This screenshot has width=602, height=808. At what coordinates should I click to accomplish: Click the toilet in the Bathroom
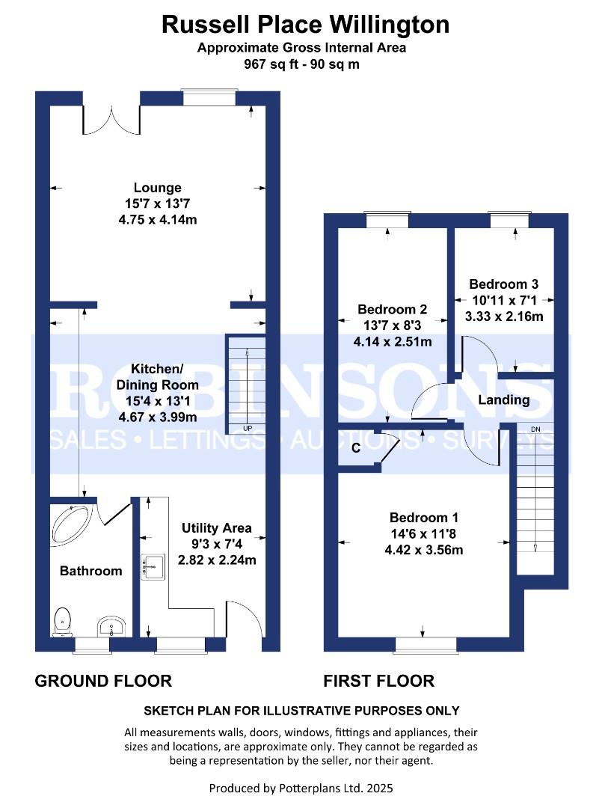(63, 620)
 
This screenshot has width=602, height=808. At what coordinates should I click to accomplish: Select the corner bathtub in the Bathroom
(70, 524)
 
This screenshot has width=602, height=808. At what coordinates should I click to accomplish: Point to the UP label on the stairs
(248, 429)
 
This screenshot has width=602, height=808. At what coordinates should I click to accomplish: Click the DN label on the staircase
(535, 429)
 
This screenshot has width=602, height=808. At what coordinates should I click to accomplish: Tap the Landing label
(503, 400)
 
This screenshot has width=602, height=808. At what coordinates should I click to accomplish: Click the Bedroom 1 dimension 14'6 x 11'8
(424, 534)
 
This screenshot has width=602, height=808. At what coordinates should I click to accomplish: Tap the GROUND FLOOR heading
(104, 681)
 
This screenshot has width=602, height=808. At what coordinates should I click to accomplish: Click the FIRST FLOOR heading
(378, 681)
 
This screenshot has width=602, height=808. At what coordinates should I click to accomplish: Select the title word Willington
(390, 25)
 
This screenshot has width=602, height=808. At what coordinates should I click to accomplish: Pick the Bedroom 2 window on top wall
(387, 218)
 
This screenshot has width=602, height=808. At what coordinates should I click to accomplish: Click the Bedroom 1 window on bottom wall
(426, 643)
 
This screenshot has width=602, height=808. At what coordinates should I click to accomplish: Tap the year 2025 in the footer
(378, 788)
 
